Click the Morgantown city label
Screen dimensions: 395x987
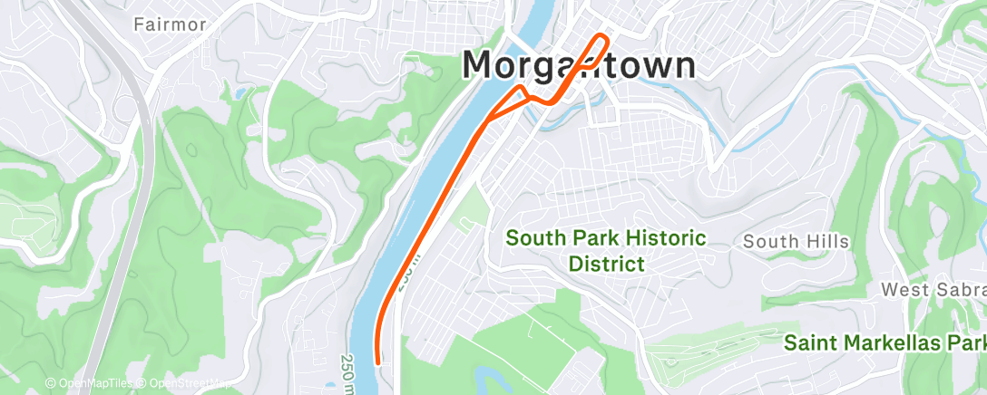point(580,65)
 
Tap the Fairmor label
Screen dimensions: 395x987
point(169,24)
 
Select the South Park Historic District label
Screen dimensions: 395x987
point(605,251)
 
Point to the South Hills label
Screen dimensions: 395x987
point(796,241)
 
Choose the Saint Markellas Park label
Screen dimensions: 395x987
point(884,343)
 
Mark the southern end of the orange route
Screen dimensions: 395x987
point(376,362)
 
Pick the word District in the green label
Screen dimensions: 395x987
point(606,265)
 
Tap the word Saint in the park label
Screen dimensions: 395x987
point(810,343)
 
